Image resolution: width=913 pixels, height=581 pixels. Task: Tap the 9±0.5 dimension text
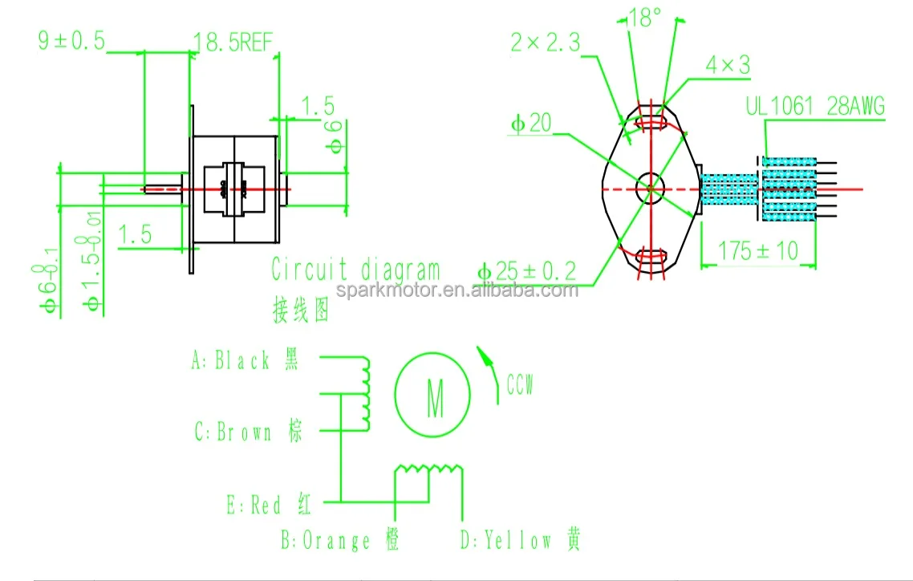(72, 41)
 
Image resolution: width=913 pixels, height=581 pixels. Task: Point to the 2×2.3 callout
(545, 43)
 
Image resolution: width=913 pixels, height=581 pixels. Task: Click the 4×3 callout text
(728, 66)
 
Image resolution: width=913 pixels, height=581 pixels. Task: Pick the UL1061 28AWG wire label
(814, 106)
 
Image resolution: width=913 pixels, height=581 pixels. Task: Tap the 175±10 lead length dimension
(757, 250)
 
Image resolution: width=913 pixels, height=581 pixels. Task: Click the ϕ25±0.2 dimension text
(526, 272)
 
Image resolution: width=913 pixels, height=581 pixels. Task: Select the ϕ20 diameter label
(530, 124)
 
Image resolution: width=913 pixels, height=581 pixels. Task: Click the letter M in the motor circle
(434, 399)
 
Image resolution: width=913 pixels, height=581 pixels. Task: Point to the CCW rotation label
(519, 386)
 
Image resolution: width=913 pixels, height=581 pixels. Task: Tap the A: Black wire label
(245, 361)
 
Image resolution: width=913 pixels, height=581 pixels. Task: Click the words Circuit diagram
(355, 270)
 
